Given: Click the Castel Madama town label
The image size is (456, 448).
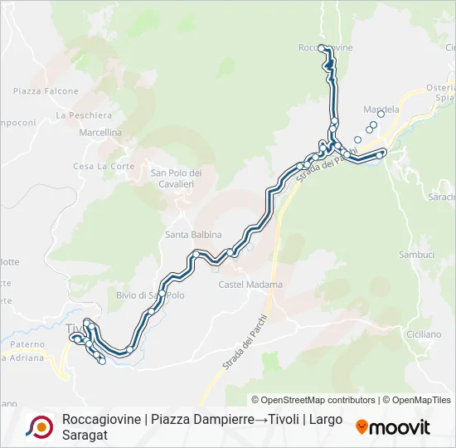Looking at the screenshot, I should [250, 285].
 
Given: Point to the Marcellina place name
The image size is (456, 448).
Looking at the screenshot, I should [100, 133].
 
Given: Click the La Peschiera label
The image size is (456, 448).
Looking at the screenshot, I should [84, 114].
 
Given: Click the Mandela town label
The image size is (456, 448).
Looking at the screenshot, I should [381, 109].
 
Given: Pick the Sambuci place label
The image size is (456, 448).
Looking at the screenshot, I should [416, 255].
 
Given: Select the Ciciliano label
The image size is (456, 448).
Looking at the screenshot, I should [424, 334].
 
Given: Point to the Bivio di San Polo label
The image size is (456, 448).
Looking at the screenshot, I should [150, 295].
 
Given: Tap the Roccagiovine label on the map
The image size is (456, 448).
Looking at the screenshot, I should [326, 47].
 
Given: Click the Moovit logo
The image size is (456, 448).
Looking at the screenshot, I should [393, 427].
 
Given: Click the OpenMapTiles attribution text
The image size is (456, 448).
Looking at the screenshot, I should [422, 400].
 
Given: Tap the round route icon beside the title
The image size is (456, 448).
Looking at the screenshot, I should [40, 426].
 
